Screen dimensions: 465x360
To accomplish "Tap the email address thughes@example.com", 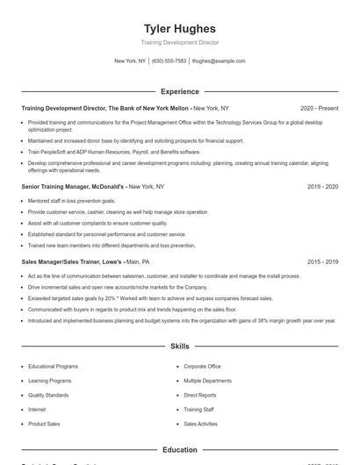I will (219, 61).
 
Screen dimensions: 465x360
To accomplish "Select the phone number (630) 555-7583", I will (169, 61).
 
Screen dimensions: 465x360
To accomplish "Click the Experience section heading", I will (180, 91).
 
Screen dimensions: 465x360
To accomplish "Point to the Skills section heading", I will (180, 347).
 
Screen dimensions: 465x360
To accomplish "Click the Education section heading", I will (180, 450).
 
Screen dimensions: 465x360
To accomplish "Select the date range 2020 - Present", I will (319, 108).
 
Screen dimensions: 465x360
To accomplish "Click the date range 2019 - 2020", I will (323, 187).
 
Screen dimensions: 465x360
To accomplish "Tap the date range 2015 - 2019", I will (323, 261).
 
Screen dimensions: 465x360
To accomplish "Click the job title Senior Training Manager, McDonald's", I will (74, 187).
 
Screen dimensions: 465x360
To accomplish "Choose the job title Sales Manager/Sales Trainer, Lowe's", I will (71, 261).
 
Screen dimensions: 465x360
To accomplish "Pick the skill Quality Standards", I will (48, 395).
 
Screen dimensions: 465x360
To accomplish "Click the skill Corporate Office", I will (202, 366).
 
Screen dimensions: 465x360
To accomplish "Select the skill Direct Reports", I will (200, 395).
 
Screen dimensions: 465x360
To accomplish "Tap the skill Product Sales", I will (44, 424).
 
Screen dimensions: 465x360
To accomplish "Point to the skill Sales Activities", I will (201, 424).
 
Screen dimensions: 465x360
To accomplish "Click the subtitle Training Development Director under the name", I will (180, 42).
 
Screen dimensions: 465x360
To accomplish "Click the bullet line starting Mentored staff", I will (71, 201).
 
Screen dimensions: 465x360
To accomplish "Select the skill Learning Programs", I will (50, 381).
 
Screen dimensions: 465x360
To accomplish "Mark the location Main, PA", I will (138, 261).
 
